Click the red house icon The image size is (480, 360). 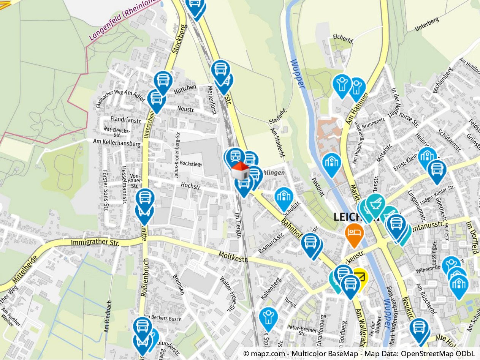tap(240, 171)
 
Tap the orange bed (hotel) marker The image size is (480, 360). tap(354, 232)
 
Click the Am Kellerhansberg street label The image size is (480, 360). tap(117, 142)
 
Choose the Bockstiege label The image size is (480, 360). tap(191, 164)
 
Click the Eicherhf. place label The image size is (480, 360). tap(343, 37)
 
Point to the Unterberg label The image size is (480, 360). tap(427, 24)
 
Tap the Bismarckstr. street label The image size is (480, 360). tap(271, 243)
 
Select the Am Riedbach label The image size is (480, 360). tap(108, 316)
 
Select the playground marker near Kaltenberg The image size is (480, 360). tap(268, 317)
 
